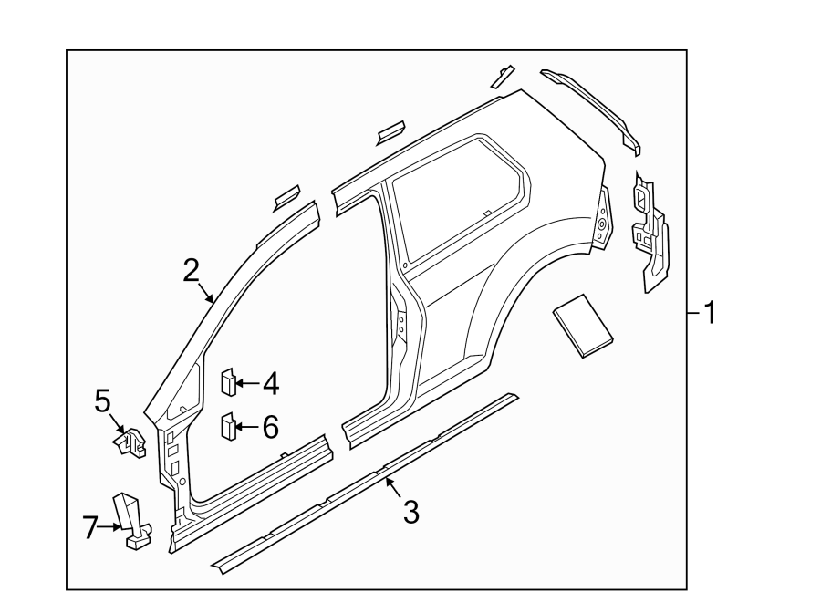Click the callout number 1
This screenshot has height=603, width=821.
click(x=707, y=315)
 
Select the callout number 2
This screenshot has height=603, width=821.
click(x=190, y=270)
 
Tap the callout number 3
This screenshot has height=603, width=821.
click(x=410, y=513)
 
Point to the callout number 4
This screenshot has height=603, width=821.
click(x=270, y=384)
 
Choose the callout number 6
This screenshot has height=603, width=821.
click(x=270, y=426)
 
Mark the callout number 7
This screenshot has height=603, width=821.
click(x=89, y=527)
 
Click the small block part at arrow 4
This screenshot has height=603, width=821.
click(x=227, y=381)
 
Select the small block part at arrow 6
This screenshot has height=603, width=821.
click(x=227, y=425)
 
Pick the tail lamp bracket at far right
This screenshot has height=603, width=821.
click(x=650, y=233)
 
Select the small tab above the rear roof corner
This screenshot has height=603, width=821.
click(x=502, y=78)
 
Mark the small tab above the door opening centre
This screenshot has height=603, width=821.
click(x=390, y=131)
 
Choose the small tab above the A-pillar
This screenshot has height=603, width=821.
click(x=286, y=193)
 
